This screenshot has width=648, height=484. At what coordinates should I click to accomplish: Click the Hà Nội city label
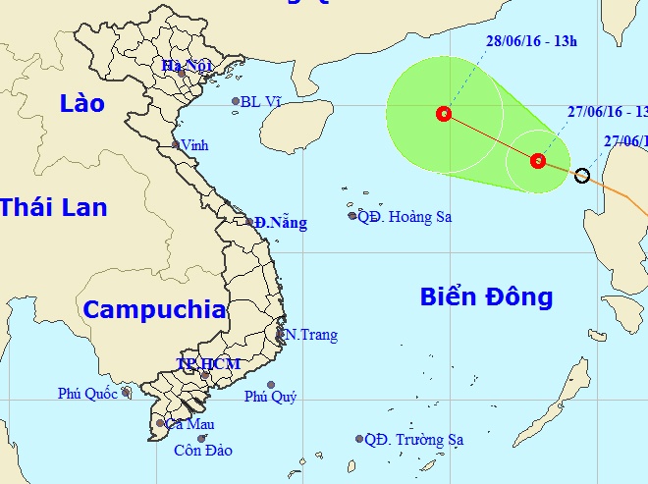[x=187, y=67]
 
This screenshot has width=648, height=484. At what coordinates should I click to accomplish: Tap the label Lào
[x=81, y=103]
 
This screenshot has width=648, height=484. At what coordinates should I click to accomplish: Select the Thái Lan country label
[x=53, y=207]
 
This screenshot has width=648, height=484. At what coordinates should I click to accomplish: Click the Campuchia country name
[x=154, y=310]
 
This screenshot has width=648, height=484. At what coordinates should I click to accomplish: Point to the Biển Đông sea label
[x=487, y=296]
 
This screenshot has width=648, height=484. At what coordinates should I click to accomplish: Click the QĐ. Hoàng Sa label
[x=405, y=217]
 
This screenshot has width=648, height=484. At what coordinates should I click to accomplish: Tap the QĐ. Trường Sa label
[x=413, y=440]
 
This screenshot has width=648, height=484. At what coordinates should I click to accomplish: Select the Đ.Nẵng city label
[x=280, y=223]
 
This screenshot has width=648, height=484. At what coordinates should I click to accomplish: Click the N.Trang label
[x=311, y=335]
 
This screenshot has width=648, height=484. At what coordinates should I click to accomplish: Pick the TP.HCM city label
[x=208, y=363]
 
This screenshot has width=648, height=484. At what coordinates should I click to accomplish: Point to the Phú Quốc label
[x=87, y=394]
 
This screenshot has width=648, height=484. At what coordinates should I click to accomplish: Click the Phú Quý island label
[x=270, y=397]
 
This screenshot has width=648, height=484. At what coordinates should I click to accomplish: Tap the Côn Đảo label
[x=202, y=451]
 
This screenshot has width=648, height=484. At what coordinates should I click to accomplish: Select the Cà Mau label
[x=190, y=424]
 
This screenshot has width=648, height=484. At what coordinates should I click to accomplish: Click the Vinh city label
[x=194, y=144]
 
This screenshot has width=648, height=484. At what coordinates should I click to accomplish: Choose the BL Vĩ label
[x=262, y=101]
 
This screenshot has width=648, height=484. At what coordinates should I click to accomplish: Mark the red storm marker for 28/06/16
[x=444, y=114]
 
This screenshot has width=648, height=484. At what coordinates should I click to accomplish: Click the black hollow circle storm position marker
[x=581, y=176]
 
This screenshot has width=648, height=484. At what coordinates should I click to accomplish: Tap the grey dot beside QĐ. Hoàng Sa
[x=351, y=216]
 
